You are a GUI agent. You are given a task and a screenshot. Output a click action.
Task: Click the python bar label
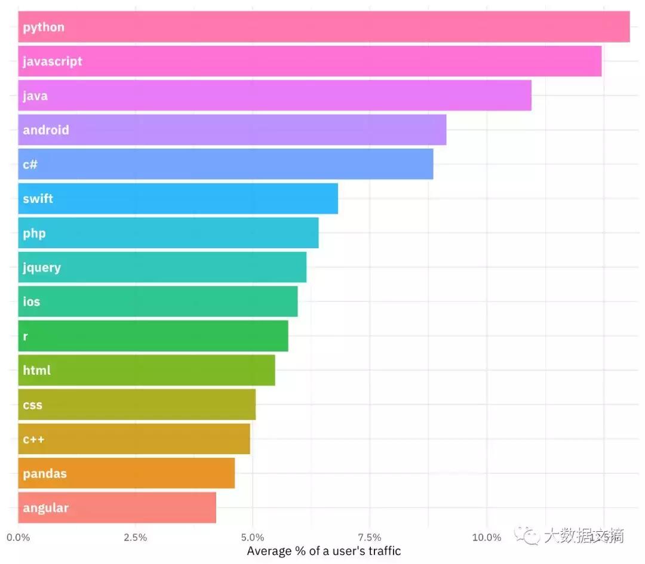tap(44, 27)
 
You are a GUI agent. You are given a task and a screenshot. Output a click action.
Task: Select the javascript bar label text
tap(53, 61)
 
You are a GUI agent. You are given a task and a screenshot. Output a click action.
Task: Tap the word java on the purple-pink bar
tap(35, 96)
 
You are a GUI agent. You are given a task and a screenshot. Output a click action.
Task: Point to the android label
tap(46, 130)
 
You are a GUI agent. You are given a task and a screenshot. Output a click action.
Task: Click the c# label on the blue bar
tap(30, 164)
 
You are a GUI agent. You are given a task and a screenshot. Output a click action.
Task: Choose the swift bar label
tap(38, 199)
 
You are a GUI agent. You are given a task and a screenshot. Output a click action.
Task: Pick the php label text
tap(34, 233)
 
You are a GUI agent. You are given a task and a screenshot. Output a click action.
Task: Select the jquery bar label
tap(42, 268)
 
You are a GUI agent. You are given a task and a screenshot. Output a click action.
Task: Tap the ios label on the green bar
tap(32, 302)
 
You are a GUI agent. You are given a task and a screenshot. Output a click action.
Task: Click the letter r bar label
tap(25, 337)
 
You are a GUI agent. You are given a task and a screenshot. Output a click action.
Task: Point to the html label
tap(36, 371)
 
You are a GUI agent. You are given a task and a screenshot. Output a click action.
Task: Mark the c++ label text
tap(33, 440)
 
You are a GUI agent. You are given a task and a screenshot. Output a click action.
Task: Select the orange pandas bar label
tap(45, 474)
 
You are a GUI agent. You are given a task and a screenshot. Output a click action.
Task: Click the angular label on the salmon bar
tap(46, 508)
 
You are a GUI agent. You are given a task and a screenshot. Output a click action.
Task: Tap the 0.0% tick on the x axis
tap(19, 537)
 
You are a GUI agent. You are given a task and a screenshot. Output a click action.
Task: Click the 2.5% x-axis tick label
tap(135, 537)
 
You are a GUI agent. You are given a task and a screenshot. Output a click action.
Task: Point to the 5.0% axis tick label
tap(253, 537)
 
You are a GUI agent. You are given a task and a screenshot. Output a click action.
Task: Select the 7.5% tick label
tap(370, 537)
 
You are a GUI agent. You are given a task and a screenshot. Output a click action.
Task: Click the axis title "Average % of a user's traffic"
tap(324, 551)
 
